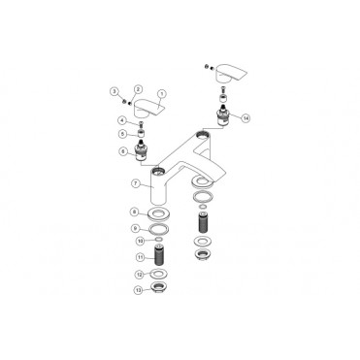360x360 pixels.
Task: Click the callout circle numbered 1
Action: [163, 94]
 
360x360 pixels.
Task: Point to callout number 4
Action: [123, 120]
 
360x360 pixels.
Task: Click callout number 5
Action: [123, 133]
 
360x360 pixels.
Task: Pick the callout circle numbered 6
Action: [123, 151]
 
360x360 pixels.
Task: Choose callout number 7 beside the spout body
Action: [123, 181]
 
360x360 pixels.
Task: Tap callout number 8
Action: [123, 211]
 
